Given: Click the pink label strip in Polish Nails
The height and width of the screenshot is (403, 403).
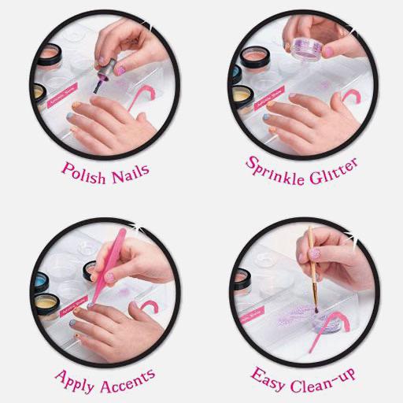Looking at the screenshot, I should [x=65, y=93].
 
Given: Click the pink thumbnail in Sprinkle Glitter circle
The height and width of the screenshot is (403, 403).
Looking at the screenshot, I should [x=329, y=52].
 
